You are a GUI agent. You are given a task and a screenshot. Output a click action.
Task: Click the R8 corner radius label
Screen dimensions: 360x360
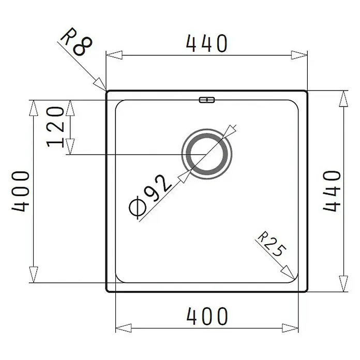(76, 42)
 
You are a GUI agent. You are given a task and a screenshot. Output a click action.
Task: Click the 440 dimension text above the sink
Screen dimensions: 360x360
(206, 43)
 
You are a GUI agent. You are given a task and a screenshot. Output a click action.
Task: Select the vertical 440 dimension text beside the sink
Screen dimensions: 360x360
(332, 191)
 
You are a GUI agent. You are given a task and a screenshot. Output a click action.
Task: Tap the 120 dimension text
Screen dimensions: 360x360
(55, 127)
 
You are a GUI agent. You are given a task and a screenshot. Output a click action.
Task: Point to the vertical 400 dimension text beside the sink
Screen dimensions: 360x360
(21, 191)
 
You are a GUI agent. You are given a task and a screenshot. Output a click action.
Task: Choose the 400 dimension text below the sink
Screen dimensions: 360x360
(207, 316)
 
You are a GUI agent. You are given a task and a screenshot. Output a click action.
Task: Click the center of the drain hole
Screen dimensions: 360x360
(206, 154)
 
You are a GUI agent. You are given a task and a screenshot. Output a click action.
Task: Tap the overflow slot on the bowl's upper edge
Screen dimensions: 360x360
(206, 100)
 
